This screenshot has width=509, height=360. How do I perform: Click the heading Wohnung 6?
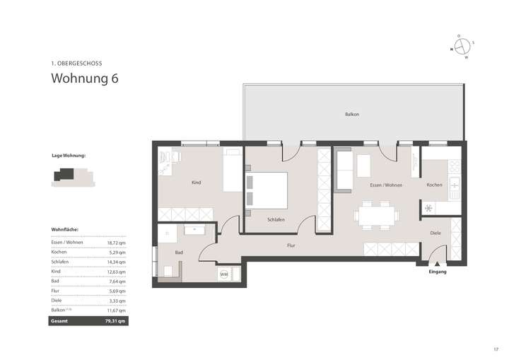point(84,79)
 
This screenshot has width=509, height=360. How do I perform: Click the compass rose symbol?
point(462,47)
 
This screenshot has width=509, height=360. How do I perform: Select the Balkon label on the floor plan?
point(352,114)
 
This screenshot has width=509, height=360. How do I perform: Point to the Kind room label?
point(196,182)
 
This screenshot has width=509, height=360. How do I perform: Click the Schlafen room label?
point(276,220)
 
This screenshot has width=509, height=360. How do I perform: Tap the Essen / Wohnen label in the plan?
point(386,185)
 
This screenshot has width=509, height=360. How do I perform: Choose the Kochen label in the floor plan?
point(434,185)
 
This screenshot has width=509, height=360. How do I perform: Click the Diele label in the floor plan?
point(435,232)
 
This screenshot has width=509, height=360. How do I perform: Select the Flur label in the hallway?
point(291,245)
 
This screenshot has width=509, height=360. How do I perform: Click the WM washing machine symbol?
point(223,273)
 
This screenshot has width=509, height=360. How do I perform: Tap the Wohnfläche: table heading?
point(65,230)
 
